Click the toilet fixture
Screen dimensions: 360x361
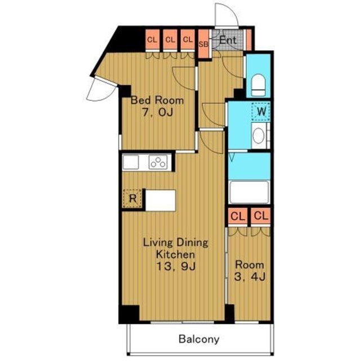point(258,85)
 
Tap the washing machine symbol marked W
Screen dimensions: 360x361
point(261,112)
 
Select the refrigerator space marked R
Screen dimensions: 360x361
point(132,198)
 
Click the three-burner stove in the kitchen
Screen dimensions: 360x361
point(158,162)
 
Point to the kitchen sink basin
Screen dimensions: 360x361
point(131,162)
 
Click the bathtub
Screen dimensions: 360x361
point(249,192)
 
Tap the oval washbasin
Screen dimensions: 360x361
point(258,135)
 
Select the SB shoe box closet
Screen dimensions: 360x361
point(203,44)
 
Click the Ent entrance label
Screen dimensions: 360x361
point(228,40)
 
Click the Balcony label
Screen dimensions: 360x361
point(199,340)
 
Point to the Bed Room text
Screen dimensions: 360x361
point(157,100)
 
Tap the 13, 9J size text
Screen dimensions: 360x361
point(176,266)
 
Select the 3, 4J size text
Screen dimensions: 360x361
point(250,276)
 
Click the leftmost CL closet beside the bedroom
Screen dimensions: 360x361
point(152,39)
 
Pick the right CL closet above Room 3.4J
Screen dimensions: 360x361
point(261,216)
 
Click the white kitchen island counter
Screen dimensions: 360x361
point(161,200)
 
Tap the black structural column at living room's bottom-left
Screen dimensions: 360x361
point(129,314)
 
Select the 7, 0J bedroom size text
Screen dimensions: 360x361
point(157,112)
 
